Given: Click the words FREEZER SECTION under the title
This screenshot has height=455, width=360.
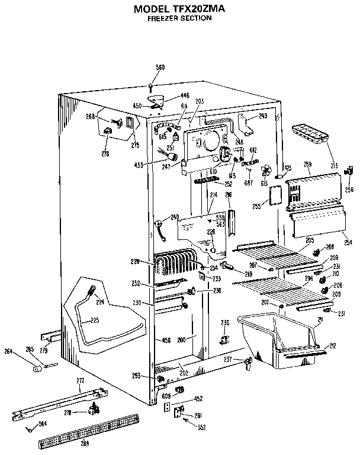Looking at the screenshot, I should [179, 18].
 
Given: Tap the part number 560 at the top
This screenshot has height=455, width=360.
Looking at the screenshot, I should [160, 67].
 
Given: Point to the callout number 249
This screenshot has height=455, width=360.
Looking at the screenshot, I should [263, 116].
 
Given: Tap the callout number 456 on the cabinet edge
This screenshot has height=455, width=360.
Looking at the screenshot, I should [166, 340].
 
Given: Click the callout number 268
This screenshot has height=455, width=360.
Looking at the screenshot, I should [90, 116].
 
